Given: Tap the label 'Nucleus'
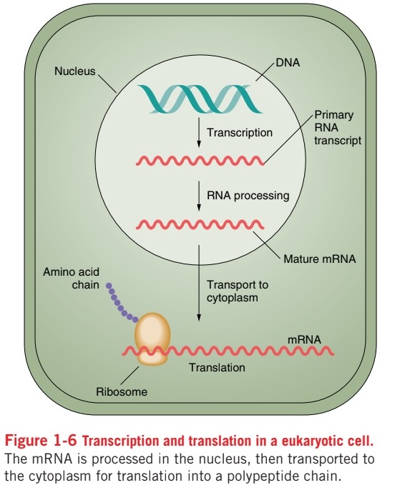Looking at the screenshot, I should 75,71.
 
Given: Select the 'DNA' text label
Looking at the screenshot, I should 286,64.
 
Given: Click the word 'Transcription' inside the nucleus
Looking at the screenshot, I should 240,133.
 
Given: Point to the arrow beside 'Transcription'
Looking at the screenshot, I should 197,134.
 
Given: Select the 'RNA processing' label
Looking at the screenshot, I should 248,195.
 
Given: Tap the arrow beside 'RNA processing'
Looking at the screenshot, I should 197,195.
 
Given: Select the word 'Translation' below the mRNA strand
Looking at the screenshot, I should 217,368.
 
